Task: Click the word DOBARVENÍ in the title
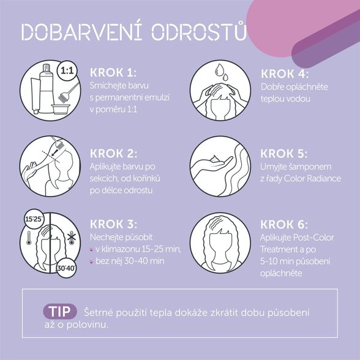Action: tap(82, 32)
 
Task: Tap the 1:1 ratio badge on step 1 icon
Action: tap(67, 70)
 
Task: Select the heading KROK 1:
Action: tap(113, 72)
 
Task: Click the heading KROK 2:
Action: tap(113, 154)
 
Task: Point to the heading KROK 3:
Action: tap(113, 224)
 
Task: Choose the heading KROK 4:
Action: tap(285, 74)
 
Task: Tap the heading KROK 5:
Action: tap(283, 154)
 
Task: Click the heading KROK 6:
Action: tap(284, 224)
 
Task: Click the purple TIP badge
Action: tap(60, 311)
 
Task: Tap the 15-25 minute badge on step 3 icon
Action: tap(34, 219)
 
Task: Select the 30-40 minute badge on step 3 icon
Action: tap(66, 268)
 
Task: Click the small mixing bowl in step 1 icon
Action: tap(61, 109)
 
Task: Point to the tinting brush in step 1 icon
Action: tap(68, 92)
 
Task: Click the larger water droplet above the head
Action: tap(219, 70)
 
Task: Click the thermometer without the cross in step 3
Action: tap(29, 238)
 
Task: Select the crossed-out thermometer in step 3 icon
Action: tap(72, 238)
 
